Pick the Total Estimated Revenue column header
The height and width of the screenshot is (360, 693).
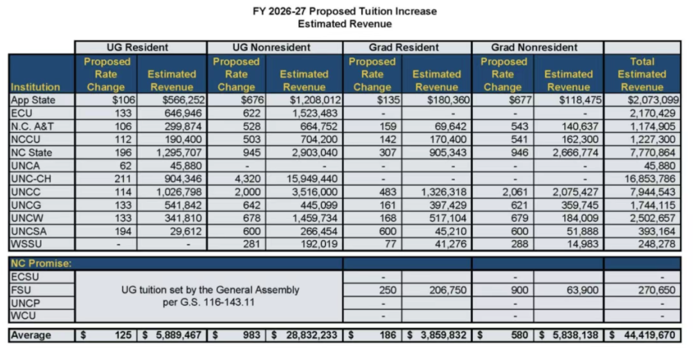pos(642,74)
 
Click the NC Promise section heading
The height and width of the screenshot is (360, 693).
pos(40,263)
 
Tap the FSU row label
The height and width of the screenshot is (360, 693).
pos(20,290)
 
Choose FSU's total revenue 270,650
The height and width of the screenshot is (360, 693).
pos(656,290)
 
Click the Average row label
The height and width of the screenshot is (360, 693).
pos(30,336)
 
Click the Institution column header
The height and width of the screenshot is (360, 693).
pos(35,87)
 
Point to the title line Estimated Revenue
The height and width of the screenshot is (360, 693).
pos(345,24)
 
